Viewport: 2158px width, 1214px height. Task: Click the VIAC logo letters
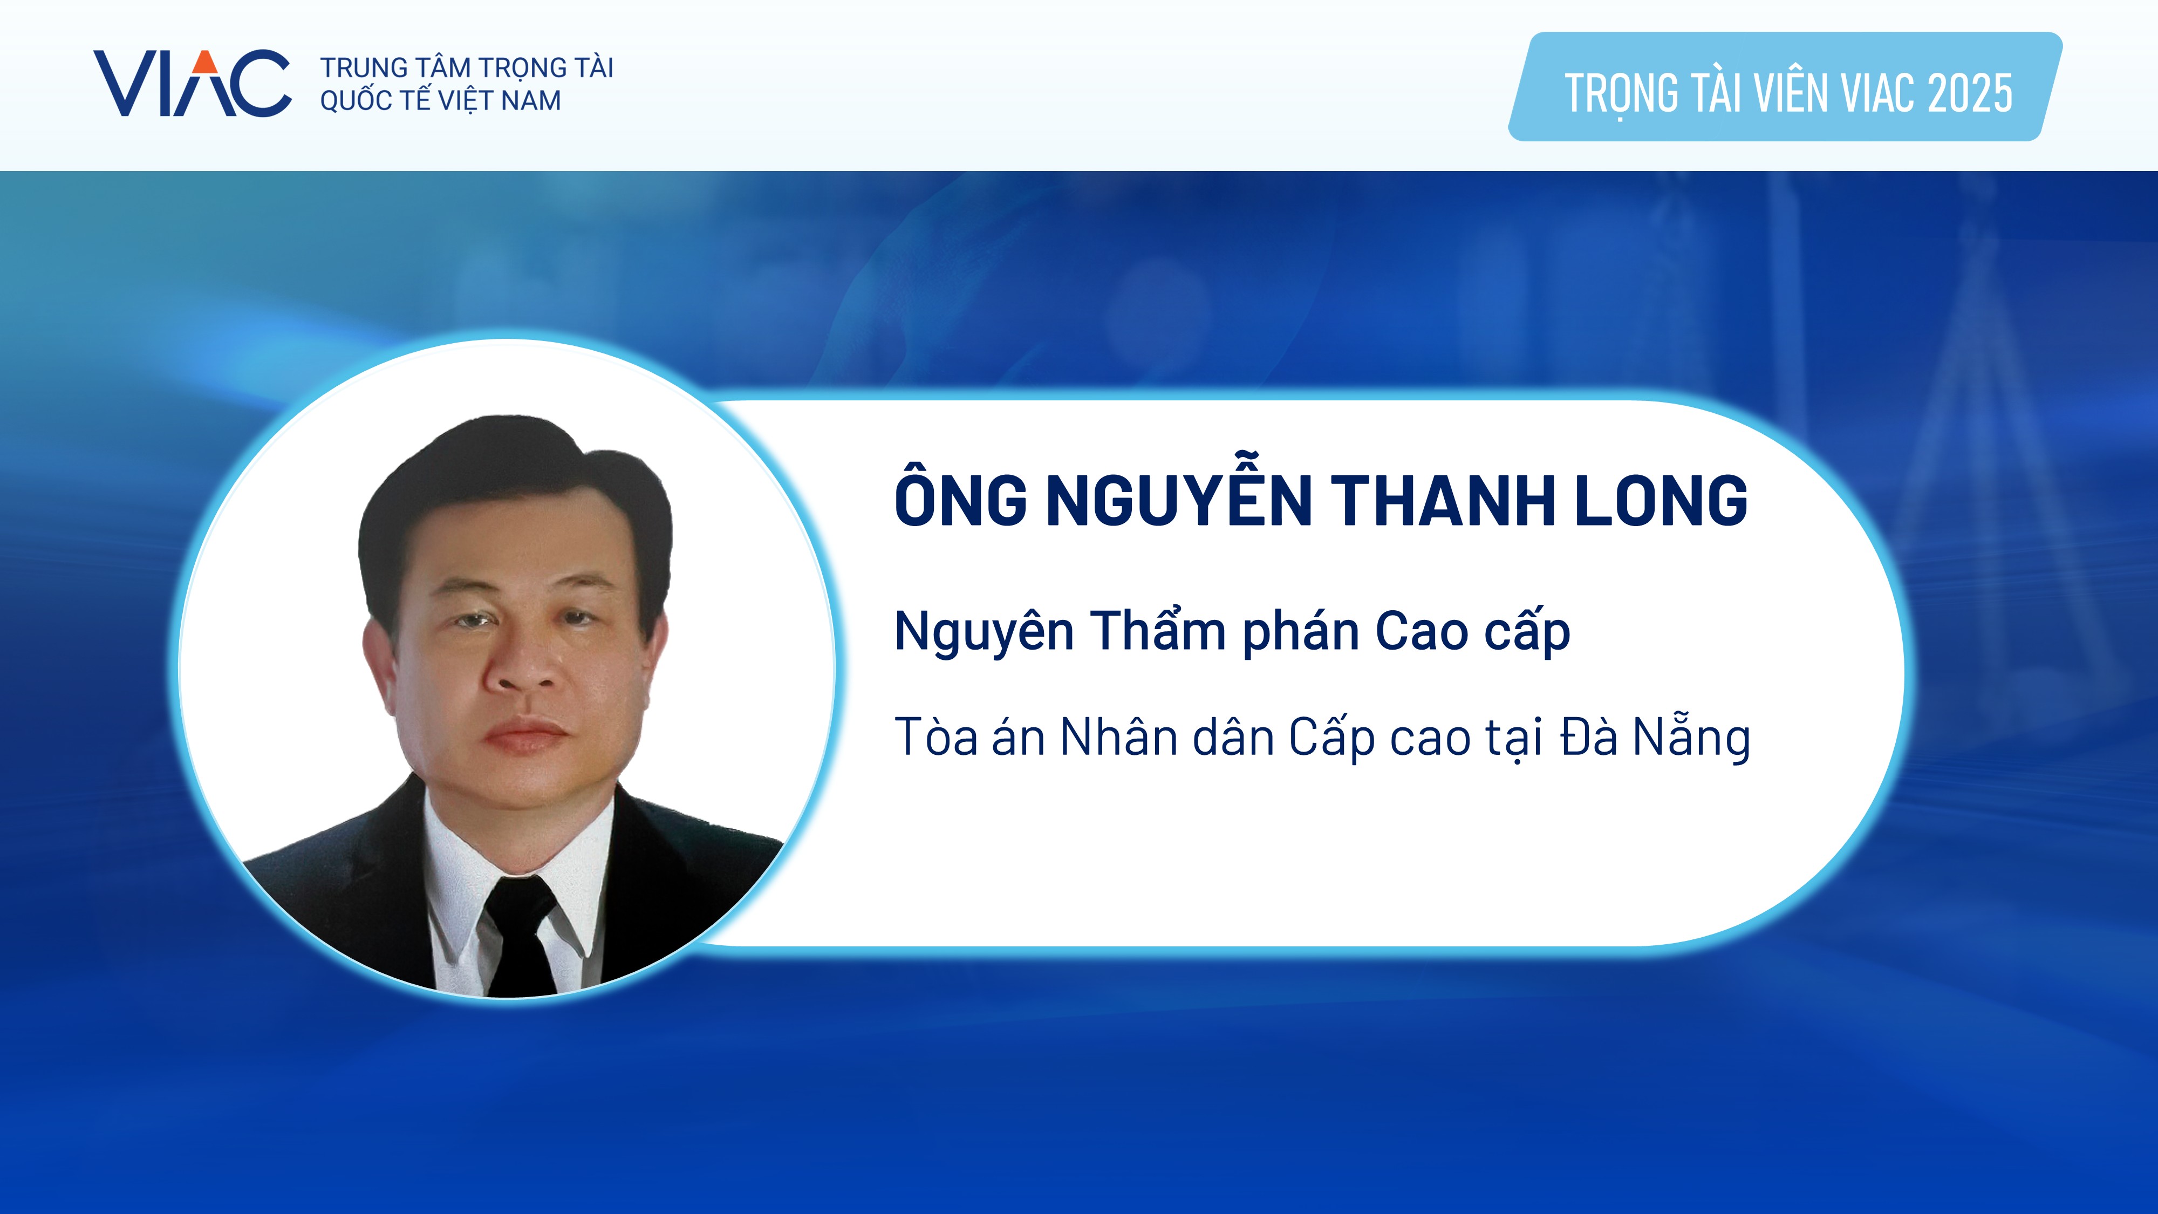click(x=192, y=83)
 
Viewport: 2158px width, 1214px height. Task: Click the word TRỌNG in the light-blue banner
click(x=1621, y=94)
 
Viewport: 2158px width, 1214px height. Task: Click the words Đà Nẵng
click(x=1655, y=737)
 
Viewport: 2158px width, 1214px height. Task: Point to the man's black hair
click(x=515, y=494)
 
